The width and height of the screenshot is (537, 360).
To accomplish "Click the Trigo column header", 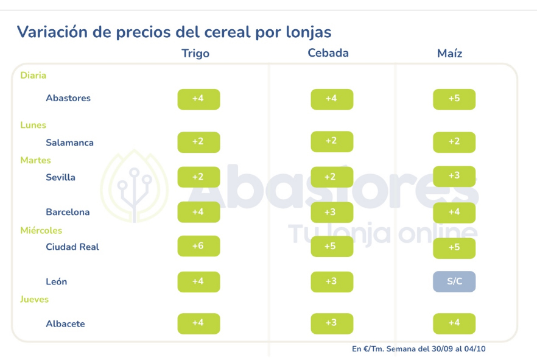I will tap(195, 54).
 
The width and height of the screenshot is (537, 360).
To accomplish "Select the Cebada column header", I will tap(328, 53).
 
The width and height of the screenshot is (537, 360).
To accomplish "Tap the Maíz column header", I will tap(450, 54).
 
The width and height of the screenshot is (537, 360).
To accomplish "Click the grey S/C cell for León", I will tap(454, 281).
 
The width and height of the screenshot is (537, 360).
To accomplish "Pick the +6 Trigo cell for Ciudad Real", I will tap(198, 246).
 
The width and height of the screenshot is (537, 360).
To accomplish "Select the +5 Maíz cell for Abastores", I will tap(454, 99).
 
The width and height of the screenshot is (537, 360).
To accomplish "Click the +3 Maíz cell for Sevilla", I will tap(454, 176).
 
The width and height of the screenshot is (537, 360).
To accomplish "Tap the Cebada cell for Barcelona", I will tap(332, 211).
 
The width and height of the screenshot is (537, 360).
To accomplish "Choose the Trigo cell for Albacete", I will tap(198, 323).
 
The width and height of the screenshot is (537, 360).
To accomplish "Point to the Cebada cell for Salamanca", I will tap(332, 141).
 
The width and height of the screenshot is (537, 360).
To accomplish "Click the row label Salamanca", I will tap(69, 143).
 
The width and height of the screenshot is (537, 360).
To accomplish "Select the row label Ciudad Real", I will tap(72, 247).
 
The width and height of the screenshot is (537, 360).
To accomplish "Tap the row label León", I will tap(57, 281).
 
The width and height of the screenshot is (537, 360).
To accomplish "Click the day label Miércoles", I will tap(41, 230).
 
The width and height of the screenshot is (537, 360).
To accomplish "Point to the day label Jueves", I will tap(34, 299).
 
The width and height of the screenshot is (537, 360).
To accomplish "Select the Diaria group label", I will tap(33, 76).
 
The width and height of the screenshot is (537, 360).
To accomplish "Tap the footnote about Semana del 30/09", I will tap(418, 349).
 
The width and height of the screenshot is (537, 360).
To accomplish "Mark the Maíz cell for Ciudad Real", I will tap(454, 248).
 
